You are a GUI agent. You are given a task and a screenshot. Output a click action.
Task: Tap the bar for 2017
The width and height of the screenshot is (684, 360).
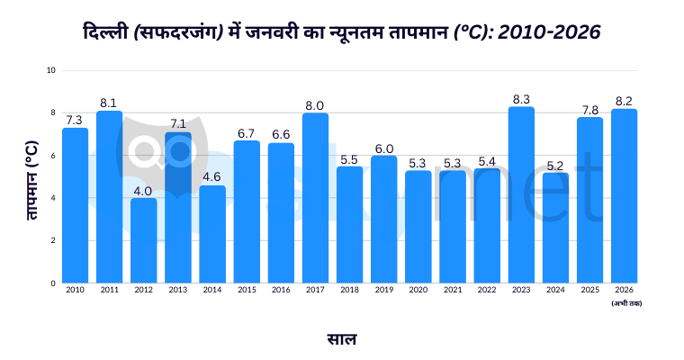tap(315, 198)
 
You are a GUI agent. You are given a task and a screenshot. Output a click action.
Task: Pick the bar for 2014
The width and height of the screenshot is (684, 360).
tap(212, 234)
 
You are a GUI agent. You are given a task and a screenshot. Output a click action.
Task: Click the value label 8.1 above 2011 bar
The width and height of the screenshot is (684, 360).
tap(110, 103)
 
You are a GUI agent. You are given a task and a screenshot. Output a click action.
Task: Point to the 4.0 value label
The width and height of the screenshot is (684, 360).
tap(144, 190)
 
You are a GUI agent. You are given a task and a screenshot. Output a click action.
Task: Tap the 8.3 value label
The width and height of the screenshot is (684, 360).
tap(521, 99)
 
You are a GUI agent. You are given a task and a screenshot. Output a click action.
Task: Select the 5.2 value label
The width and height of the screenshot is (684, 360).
tap(555, 165)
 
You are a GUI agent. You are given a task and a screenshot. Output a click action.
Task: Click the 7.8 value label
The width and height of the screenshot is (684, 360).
tap(589, 110)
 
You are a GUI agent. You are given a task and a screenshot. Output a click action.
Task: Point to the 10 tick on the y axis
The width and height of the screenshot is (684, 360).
tap(50, 70)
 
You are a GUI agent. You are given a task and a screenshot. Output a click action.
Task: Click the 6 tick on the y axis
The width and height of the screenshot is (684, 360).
tap(52, 156)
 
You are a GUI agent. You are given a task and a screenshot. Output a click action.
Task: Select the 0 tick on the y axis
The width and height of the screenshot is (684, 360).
tap(52, 283)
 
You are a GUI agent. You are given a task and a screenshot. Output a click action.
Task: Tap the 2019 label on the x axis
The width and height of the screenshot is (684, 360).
tap(383, 290)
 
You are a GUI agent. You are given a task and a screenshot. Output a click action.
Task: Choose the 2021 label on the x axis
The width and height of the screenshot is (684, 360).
tap(453, 290)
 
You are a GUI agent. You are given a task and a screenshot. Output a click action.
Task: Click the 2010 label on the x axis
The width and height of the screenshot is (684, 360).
tap(76, 290)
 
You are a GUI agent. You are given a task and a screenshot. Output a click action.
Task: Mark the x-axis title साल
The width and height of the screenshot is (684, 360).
tap(342, 339)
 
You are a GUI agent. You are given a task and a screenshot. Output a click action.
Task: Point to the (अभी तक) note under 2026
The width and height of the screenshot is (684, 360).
tap(625, 303)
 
